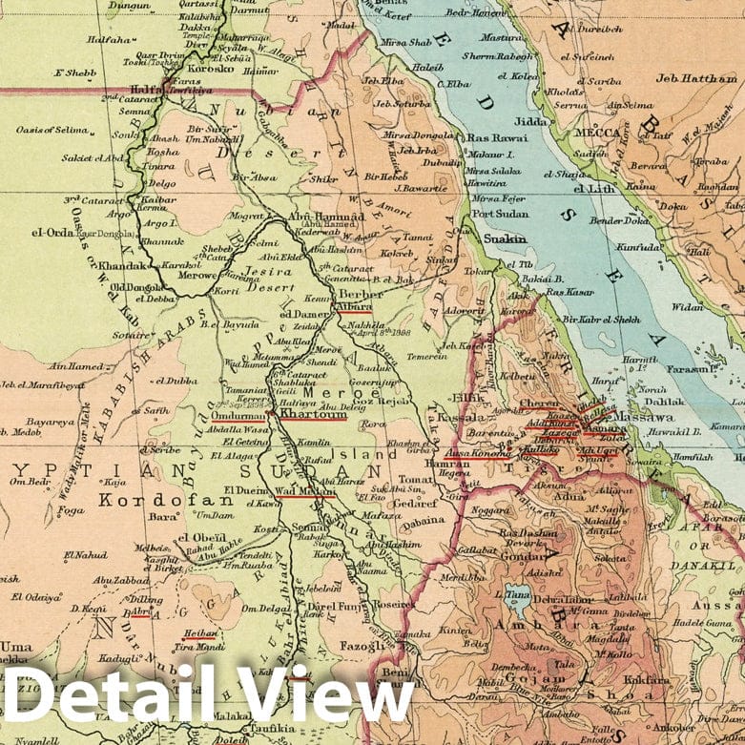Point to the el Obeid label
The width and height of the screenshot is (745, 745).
click(201, 538)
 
